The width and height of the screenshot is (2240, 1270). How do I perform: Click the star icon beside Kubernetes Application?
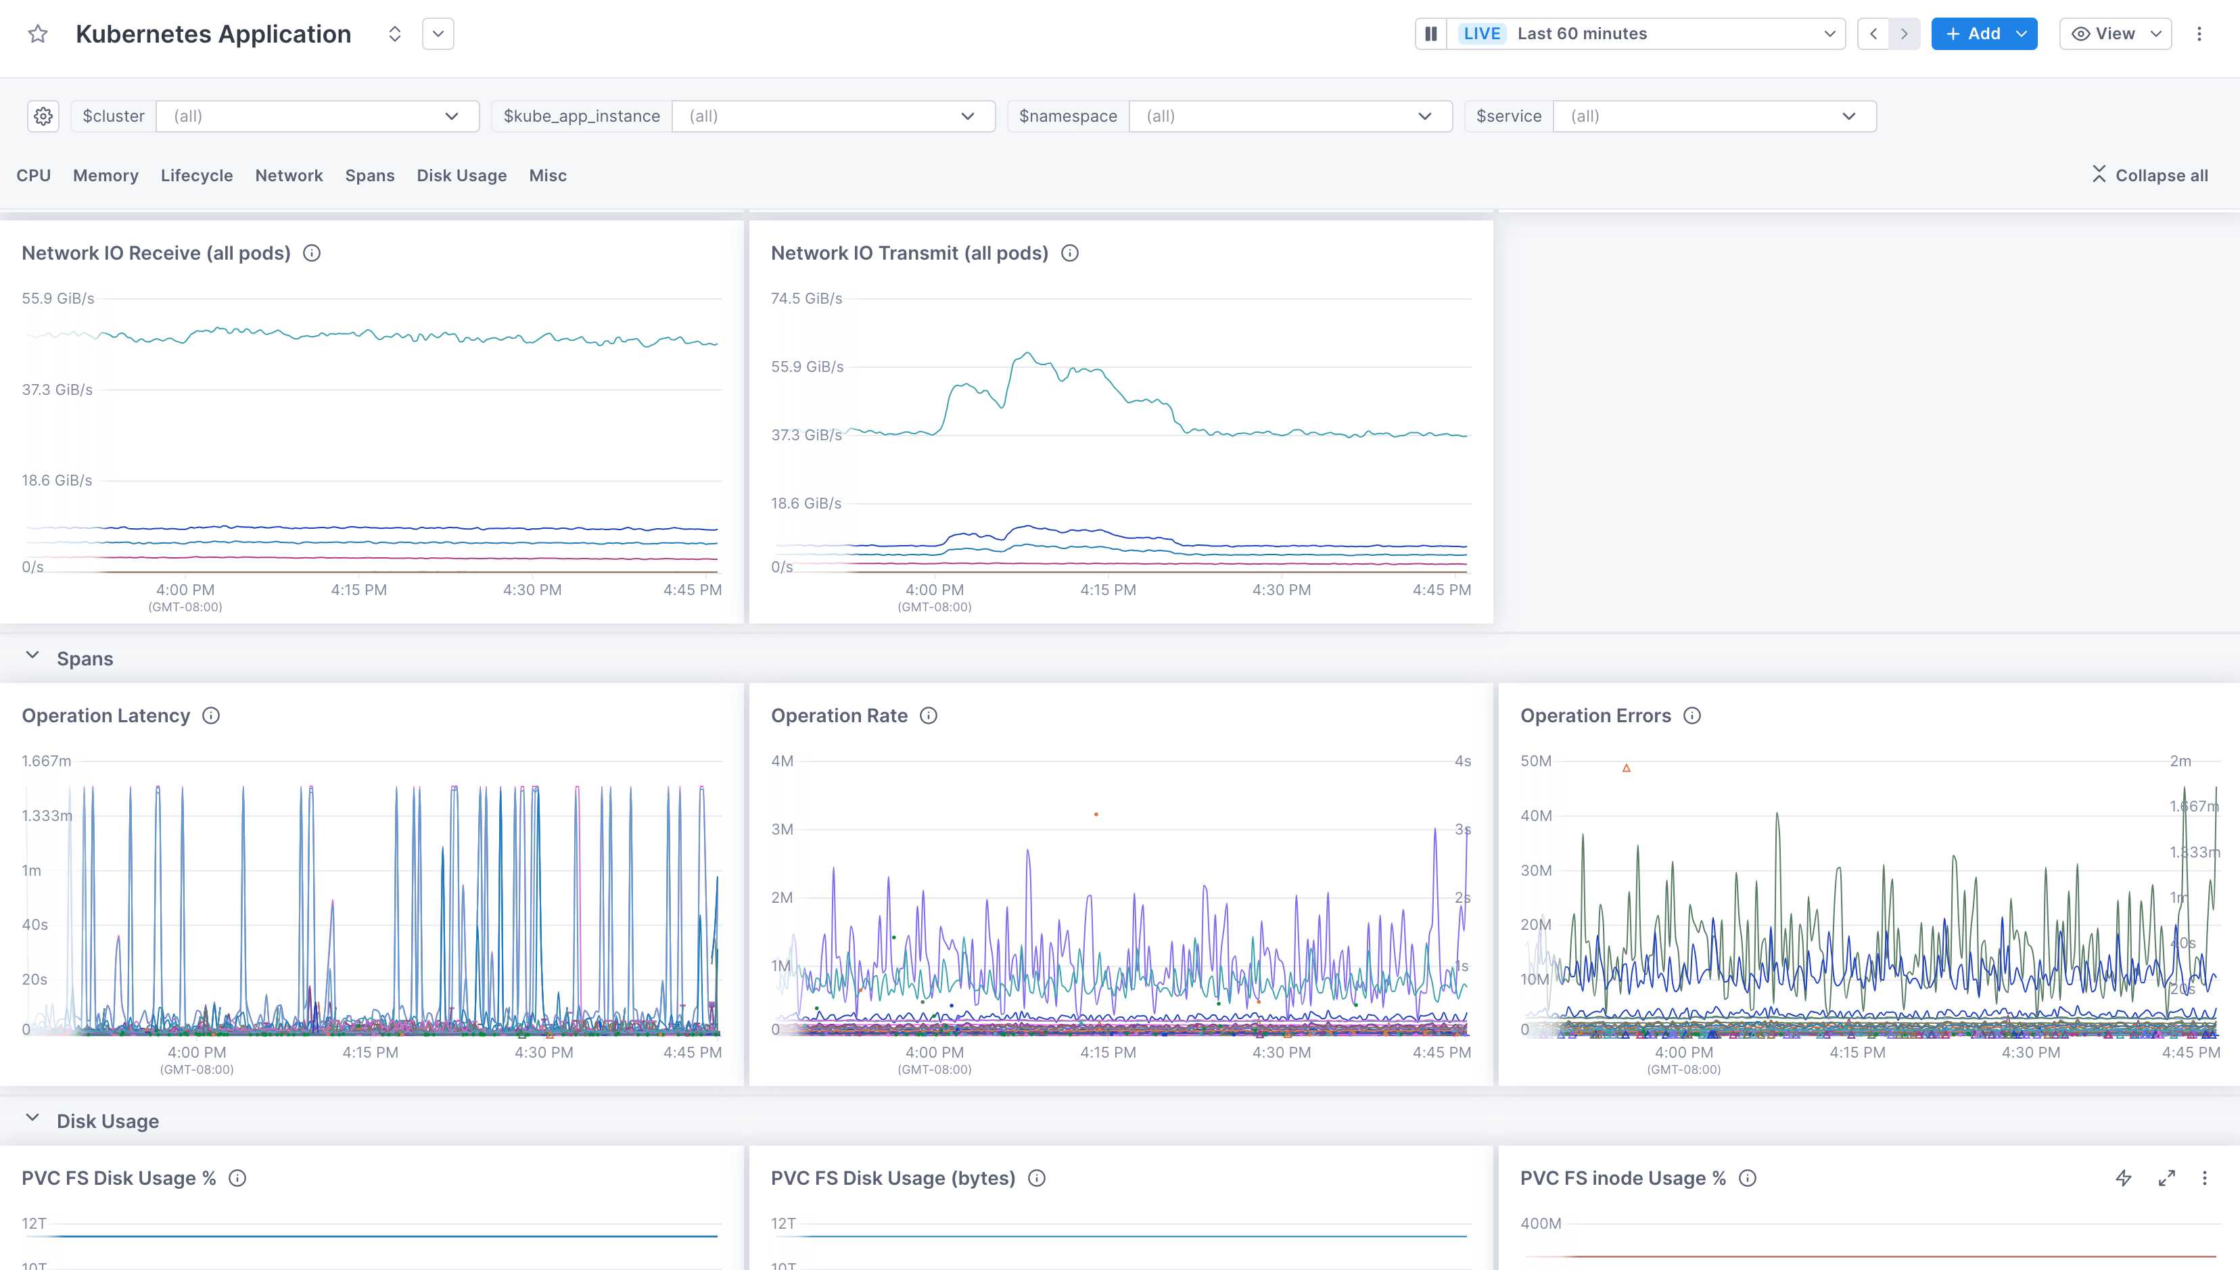point(37,34)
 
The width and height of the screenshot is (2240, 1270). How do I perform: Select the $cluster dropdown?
point(317,116)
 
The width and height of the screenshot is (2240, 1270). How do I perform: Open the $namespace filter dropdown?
point(1289,116)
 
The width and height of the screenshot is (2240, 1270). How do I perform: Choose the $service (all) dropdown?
point(1714,116)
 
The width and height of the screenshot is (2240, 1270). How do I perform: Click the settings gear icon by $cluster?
point(43,116)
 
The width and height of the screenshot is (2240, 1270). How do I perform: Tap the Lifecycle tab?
point(196,175)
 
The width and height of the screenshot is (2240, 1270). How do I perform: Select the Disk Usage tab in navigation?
point(461,175)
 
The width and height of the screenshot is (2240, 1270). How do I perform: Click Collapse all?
point(2150,175)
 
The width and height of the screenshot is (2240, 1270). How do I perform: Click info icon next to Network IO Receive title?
point(311,253)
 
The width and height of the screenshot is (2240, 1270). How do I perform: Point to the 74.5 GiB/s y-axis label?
point(806,298)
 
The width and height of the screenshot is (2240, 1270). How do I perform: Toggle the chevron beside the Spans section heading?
point(32,655)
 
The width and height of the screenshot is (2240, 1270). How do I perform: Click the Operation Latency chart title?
point(106,715)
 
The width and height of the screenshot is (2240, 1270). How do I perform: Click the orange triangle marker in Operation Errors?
point(1626,768)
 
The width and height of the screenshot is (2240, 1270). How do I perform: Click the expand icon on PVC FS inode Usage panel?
point(2166,1179)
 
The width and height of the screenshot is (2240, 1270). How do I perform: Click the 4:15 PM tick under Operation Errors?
point(1857,1052)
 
